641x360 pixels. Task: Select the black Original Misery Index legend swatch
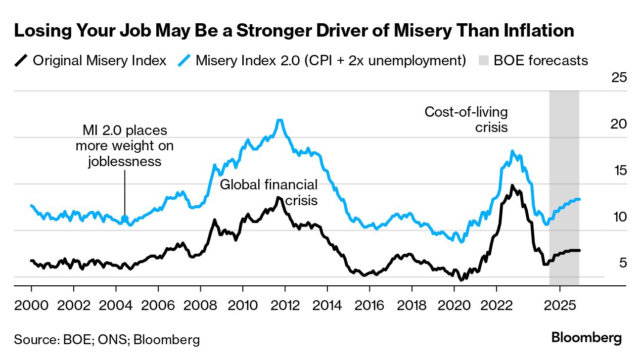(20, 60)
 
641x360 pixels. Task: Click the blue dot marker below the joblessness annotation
(124, 218)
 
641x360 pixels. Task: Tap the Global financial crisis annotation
(269, 192)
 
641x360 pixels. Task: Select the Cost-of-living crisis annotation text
(466, 119)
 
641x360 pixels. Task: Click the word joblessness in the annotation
(125, 161)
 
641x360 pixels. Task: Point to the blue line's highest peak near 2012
(279, 120)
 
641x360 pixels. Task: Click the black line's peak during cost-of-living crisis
(512, 186)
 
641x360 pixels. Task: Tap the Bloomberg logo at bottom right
(586, 338)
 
